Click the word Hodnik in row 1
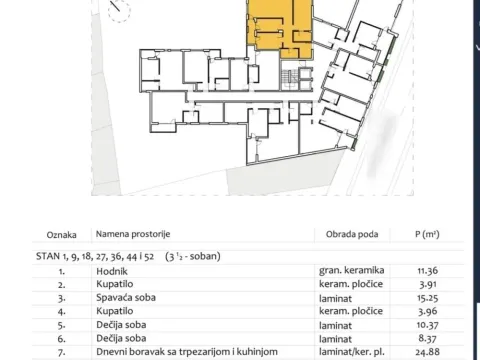[110, 270]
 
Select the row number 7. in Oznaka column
[62, 354]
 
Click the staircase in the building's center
[290, 77]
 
